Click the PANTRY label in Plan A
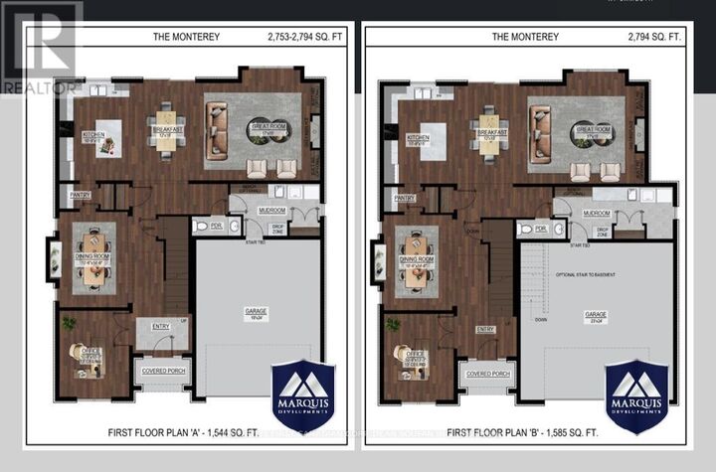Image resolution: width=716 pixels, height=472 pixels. coord(80,196)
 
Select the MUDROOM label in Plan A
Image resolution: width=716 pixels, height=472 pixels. coord(272,211)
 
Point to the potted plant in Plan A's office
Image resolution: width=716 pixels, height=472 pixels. coord(68,323)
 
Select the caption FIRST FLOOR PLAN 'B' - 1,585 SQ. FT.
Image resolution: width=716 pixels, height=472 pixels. coord(522,433)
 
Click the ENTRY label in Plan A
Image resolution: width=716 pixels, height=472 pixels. coord(160,324)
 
